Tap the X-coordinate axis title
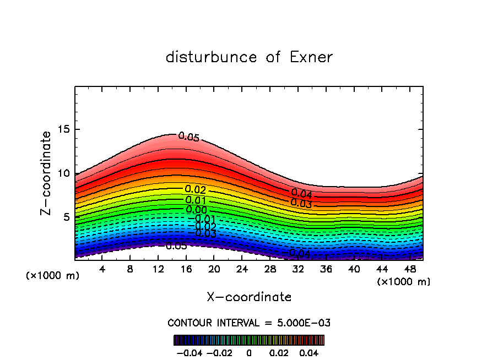pos(249,297)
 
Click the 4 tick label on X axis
pos(102,269)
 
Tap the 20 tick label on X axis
pos(214,269)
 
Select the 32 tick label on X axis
pos(297,269)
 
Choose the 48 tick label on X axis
pos(409,269)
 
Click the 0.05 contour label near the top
pos(188,137)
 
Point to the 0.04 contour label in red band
pos(301,194)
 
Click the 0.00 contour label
pos(197,210)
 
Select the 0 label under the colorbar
pos(249,352)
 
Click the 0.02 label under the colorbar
pos(279,352)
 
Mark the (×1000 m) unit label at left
pos(52,275)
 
